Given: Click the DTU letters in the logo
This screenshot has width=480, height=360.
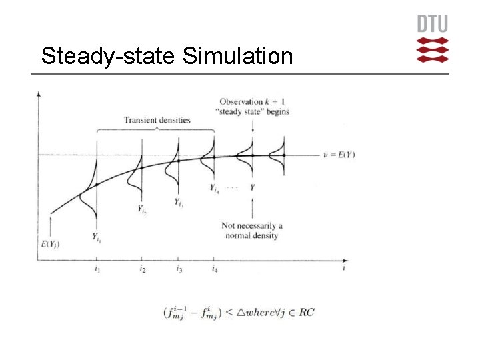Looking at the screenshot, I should tap(433, 24).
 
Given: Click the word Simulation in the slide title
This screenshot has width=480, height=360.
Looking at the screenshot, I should tap(237, 56).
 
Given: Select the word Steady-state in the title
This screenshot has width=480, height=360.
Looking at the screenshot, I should tap(108, 56).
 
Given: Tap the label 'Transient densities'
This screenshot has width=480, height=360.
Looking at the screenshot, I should tap(157, 120).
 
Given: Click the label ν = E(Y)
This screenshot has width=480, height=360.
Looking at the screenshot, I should tap(335, 155).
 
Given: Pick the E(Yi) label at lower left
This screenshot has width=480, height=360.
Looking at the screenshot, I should tap(51, 244).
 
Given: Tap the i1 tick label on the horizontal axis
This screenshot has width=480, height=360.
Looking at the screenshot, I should tap(97, 269).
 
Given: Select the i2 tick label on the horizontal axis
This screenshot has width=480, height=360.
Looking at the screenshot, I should tap(142, 269).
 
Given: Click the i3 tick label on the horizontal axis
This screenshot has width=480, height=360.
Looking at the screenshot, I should tap(179, 269).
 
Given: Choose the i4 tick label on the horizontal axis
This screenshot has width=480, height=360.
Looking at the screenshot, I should tap(214, 269).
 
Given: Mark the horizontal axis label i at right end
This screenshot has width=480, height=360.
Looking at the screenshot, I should tap(343, 268).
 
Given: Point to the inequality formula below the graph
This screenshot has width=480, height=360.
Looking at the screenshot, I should tap(239, 312).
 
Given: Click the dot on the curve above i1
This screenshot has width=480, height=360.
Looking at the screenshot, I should tap(97, 184).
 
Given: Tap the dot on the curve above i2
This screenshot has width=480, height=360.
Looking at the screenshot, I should tap(141, 168).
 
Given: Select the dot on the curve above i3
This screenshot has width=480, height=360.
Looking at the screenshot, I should tap(178, 160).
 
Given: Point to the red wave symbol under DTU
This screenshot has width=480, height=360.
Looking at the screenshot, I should tap(433, 50).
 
